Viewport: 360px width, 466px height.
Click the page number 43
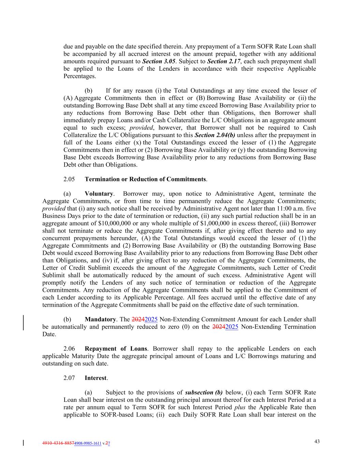(x=317, y=441)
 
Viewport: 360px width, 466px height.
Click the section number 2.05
(x=69, y=179)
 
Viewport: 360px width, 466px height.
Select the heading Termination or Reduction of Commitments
(x=145, y=179)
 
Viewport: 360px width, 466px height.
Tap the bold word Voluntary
(x=99, y=194)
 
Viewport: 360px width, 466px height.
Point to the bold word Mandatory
(x=100, y=320)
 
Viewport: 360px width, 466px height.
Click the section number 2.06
(x=69, y=349)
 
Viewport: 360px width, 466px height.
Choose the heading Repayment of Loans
(x=116, y=349)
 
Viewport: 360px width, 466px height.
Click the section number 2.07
(x=69, y=378)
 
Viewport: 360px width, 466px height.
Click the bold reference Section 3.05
(x=159, y=61)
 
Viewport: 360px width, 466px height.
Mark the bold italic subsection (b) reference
(x=204, y=393)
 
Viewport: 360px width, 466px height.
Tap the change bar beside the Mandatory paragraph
(x=23, y=323)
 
